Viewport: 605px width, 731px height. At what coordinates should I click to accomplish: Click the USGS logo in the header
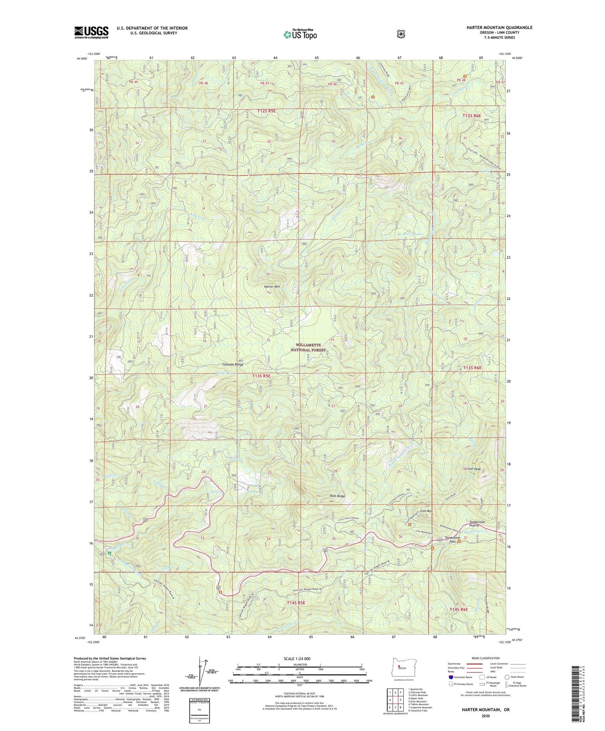tap(91, 32)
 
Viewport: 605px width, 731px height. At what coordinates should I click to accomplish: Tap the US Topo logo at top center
tap(300, 34)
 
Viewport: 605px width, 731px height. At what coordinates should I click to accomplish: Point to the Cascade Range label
tap(233, 364)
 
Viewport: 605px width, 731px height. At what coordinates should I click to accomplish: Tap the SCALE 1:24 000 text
tap(296, 659)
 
